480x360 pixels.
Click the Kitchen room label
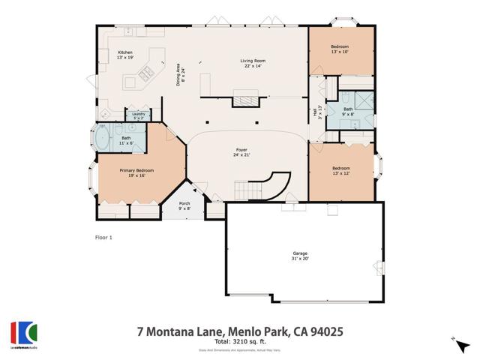(x=124, y=55)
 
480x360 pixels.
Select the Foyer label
(x=241, y=153)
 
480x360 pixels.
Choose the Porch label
(x=184, y=205)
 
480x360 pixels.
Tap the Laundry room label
(x=139, y=115)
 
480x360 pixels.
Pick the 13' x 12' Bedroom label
(x=340, y=171)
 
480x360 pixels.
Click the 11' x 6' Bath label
(x=126, y=140)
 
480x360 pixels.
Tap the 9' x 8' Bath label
(x=348, y=111)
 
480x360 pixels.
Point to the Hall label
(x=316, y=112)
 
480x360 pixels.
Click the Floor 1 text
(x=103, y=238)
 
